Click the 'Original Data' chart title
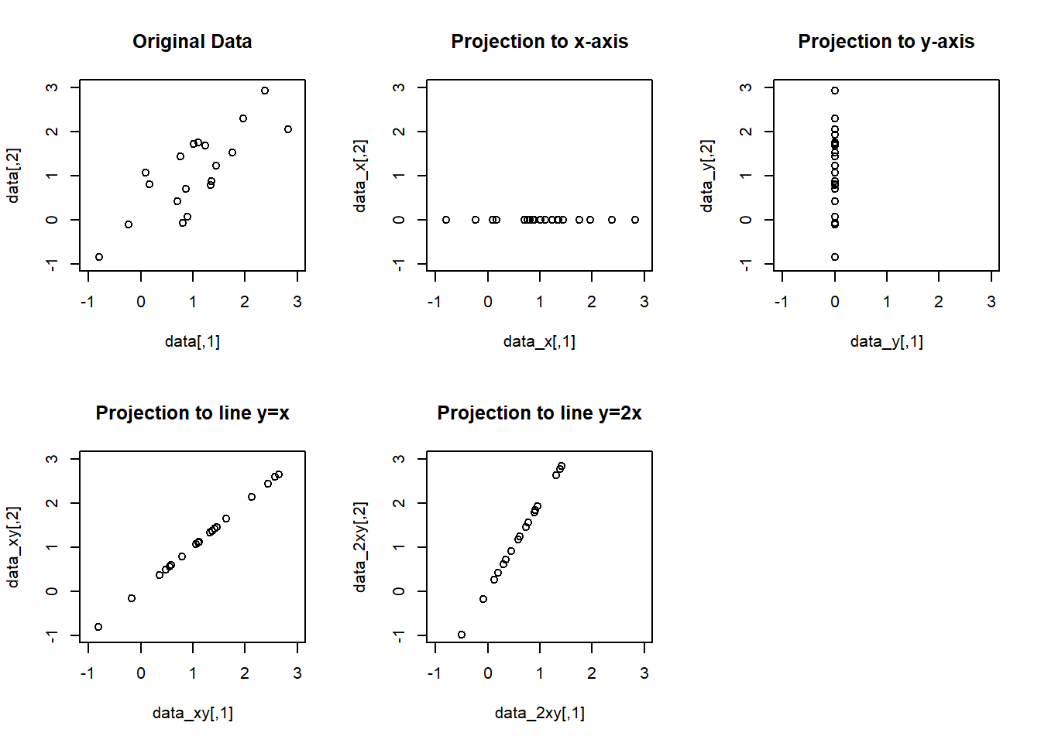pyautogui.click(x=192, y=42)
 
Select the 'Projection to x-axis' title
pyautogui.click(x=540, y=42)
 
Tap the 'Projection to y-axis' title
pyautogui.click(x=886, y=42)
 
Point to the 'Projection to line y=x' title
pyautogui.click(x=192, y=413)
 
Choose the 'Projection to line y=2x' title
pyautogui.click(x=540, y=413)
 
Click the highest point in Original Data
pyautogui.click(x=265, y=91)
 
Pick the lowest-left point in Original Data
pyautogui.click(x=99, y=257)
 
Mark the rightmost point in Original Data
pyautogui.click(x=288, y=129)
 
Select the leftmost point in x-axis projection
pyautogui.click(x=446, y=220)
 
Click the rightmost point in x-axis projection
pyautogui.click(x=635, y=220)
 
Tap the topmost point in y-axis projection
pyautogui.click(x=835, y=91)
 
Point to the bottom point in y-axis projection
pyautogui.click(x=835, y=257)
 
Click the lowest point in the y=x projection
pyautogui.click(x=98, y=627)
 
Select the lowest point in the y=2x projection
pyautogui.click(x=462, y=635)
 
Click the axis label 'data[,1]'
pyautogui.click(x=192, y=341)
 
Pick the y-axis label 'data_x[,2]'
pyautogui.click(x=359, y=176)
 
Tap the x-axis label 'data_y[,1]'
pyautogui.click(x=886, y=341)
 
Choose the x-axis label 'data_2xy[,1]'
pyautogui.click(x=540, y=713)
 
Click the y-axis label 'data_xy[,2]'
pyautogui.click(x=12, y=547)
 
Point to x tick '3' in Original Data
pyautogui.click(x=297, y=302)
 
